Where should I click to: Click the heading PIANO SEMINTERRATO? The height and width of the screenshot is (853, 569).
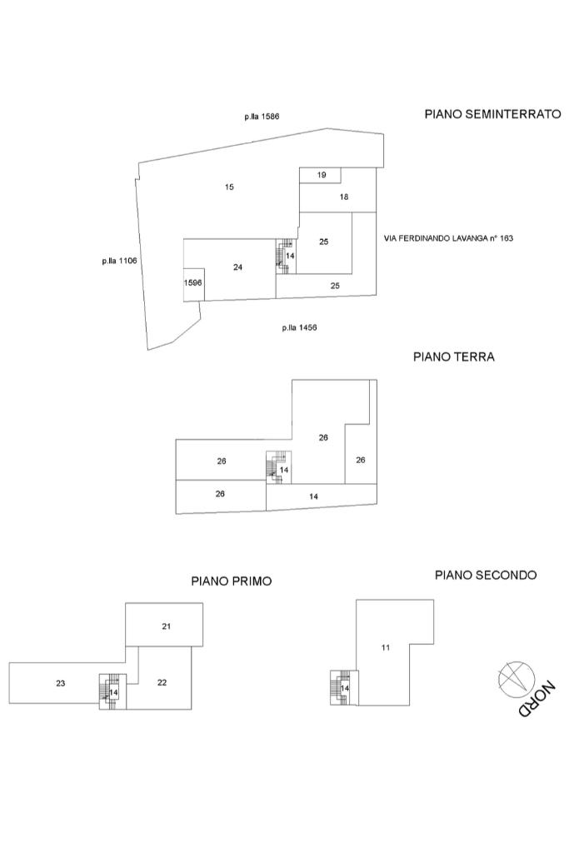tap(492, 114)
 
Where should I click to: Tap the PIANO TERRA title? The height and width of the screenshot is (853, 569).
tap(454, 357)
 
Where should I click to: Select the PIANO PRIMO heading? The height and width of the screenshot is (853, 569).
tap(231, 581)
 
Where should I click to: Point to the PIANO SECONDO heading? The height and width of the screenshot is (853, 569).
tap(486, 575)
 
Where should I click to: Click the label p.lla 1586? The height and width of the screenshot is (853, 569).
tap(262, 117)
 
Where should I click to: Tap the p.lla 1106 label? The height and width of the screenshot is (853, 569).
tap(119, 261)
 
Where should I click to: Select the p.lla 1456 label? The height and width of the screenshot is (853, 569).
tap(299, 327)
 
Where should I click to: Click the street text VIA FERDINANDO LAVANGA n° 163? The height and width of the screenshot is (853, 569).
tap(448, 238)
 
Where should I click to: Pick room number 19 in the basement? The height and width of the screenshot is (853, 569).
tap(322, 174)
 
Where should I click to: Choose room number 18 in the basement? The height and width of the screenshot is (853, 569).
tap(343, 197)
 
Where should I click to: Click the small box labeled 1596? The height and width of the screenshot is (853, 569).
tap(193, 283)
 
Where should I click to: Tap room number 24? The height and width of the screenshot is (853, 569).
tap(238, 267)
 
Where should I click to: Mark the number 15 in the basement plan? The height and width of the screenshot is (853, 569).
tap(229, 187)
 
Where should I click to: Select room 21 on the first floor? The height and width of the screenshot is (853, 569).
tap(166, 626)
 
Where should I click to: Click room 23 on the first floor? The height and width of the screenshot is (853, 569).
tap(61, 683)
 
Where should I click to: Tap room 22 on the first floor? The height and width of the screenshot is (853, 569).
tap(162, 682)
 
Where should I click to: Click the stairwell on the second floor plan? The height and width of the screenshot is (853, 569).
tap(342, 688)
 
